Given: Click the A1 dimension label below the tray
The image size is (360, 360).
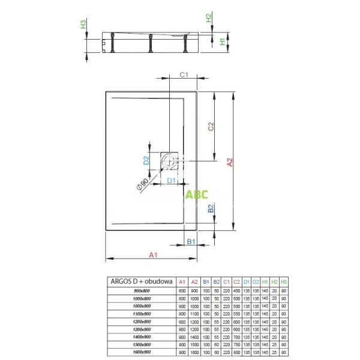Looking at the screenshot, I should pyautogui.click(x=152, y=255).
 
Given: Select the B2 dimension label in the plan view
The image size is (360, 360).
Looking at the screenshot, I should pyautogui.click(x=210, y=209).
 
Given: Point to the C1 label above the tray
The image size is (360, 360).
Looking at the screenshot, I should pyautogui.click(x=185, y=76).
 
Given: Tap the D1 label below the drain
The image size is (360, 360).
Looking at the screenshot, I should pyautogui.click(x=171, y=180).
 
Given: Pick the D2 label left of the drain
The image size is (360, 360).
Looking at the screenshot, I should pyautogui.click(x=146, y=160).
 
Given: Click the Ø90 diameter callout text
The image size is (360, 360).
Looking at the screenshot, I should pyautogui.click(x=142, y=184).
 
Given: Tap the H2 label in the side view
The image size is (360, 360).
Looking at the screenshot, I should pyautogui.click(x=209, y=19).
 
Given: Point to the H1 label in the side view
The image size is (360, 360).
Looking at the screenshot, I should pyautogui.click(x=223, y=41).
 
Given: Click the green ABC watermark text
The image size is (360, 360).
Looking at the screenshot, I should pyautogui.click(x=196, y=194).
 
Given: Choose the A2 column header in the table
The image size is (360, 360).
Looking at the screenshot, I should pyautogui.click(x=194, y=281).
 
